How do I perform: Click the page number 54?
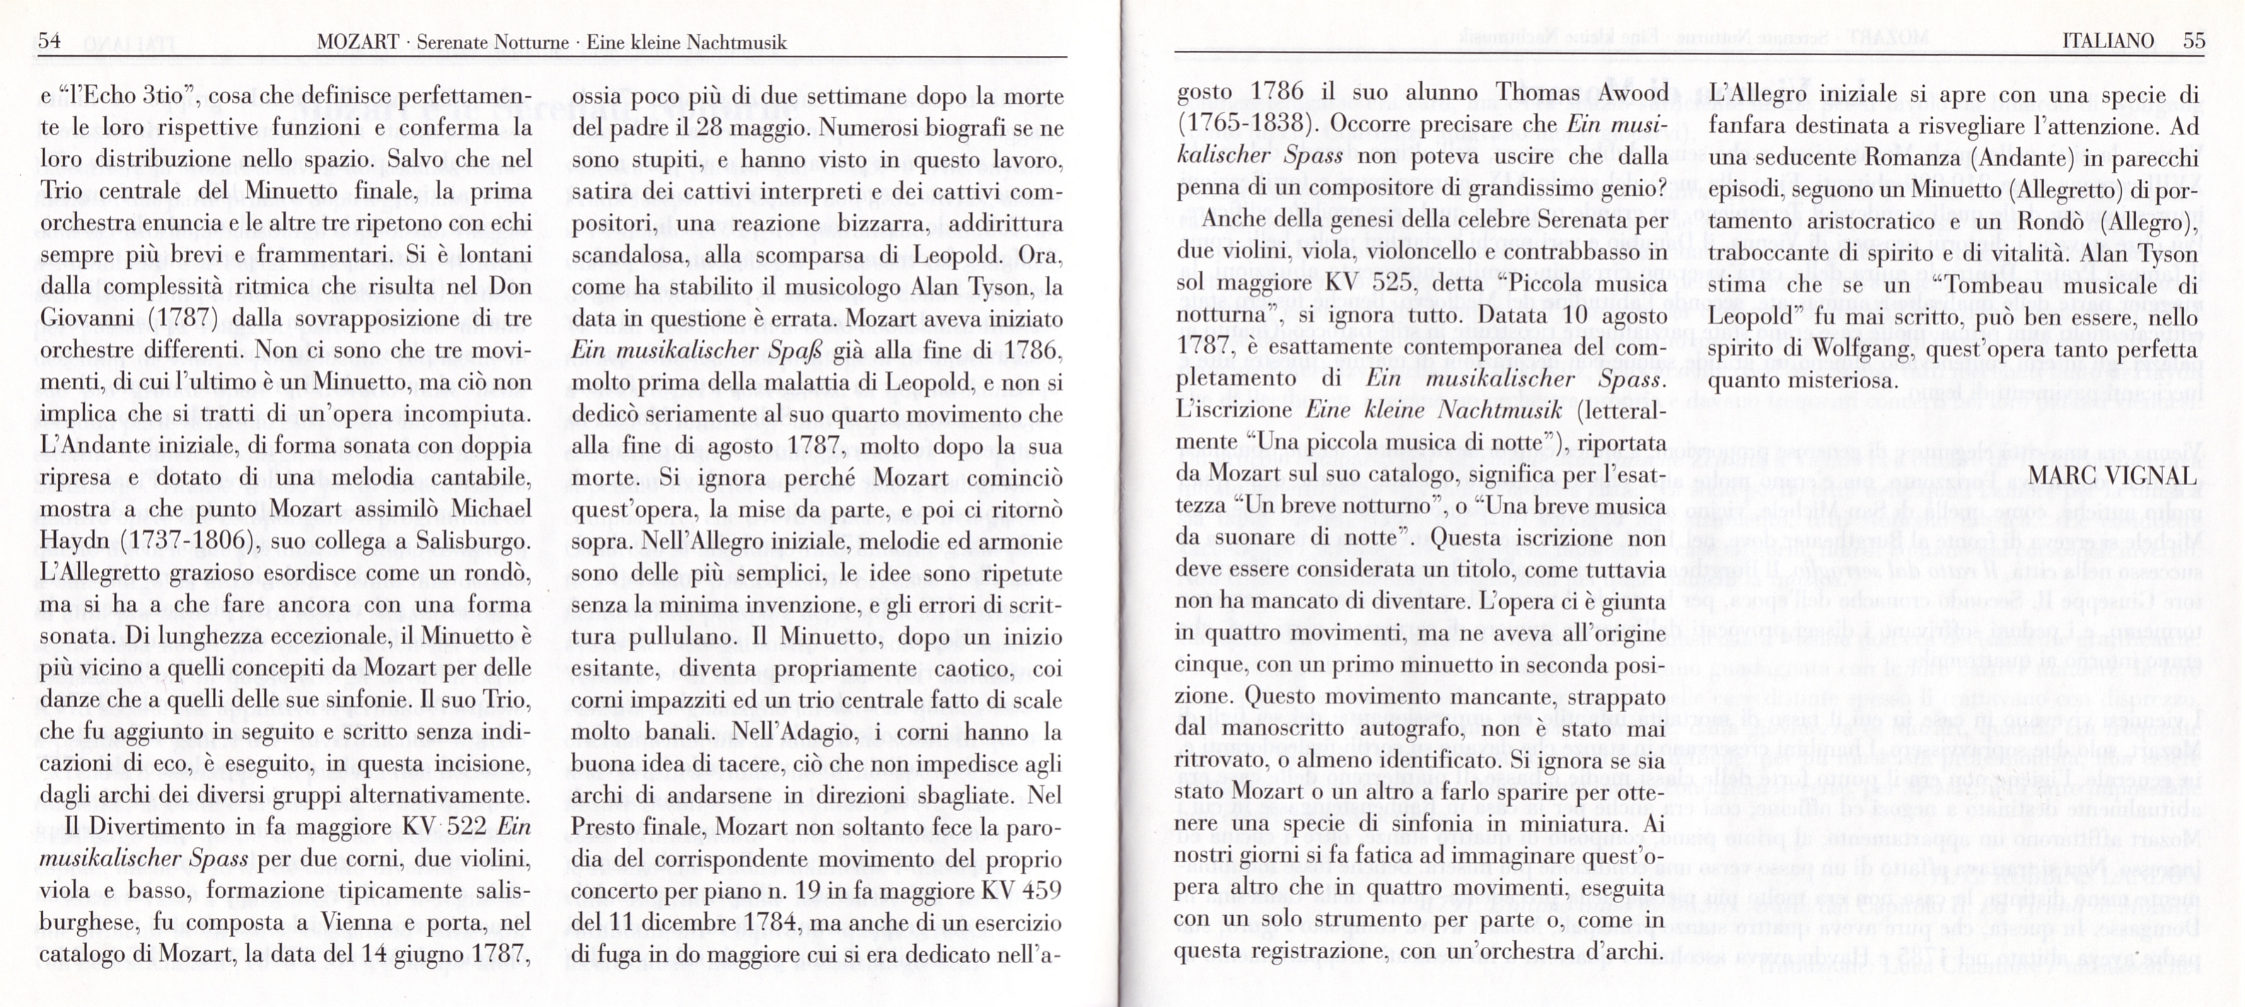[x=49, y=41]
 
